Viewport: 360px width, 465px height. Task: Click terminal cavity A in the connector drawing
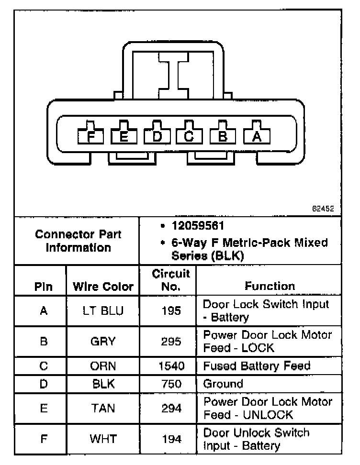coord(257,136)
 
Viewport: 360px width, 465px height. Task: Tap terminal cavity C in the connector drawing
coord(189,136)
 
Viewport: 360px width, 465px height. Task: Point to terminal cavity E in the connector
coord(124,136)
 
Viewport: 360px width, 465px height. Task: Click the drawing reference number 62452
coord(323,209)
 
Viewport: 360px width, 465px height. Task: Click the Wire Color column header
coord(103,287)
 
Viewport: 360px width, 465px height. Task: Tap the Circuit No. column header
coord(171,280)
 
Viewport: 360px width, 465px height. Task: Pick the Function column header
coord(270,286)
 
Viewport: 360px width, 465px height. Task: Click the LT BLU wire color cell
coord(102,311)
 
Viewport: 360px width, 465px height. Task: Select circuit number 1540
coord(171,366)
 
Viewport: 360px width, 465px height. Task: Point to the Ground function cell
coord(223,384)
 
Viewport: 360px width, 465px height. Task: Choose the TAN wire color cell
coord(102,408)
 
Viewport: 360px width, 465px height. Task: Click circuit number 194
coord(171,439)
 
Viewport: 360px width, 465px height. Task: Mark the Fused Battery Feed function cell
coord(257,366)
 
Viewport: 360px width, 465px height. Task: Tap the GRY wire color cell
coord(102,342)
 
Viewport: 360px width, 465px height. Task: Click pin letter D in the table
coord(44,384)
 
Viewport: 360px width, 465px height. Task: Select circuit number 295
coord(171,342)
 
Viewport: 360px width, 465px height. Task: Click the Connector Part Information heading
coord(78,241)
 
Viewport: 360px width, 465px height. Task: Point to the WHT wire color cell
coord(102,439)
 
